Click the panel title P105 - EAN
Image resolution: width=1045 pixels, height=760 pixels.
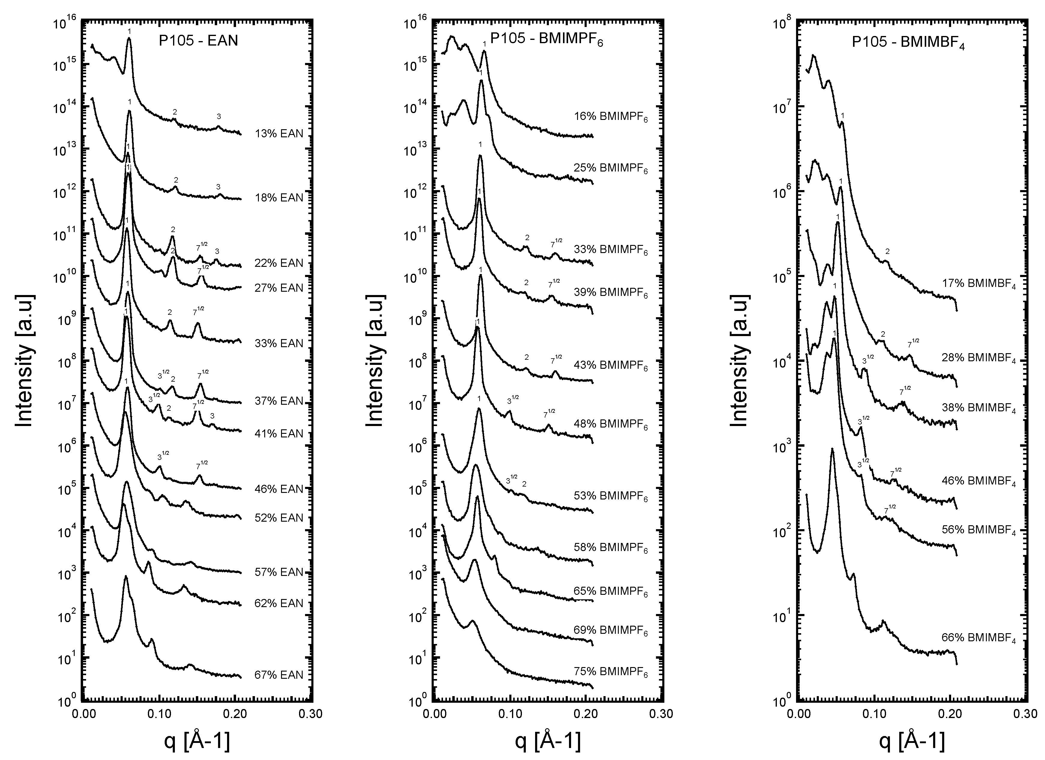pyautogui.click(x=198, y=41)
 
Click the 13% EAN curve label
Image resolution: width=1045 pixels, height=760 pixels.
pyautogui.click(x=279, y=134)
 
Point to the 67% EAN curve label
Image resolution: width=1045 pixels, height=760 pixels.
pyautogui.click(x=279, y=675)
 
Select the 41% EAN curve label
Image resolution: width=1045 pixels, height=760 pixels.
pyautogui.click(x=279, y=434)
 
